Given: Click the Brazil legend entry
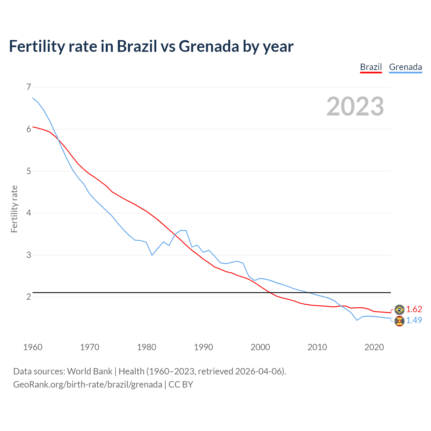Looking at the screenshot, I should click(x=371, y=67).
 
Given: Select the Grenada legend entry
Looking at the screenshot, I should click(x=405, y=67).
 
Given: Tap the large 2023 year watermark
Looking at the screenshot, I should click(x=355, y=106).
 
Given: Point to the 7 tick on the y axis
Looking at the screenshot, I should click(x=28, y=87).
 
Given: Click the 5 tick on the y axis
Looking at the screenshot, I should click(x=28, y=171).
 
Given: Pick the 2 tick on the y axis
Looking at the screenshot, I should click(x=28, y=297).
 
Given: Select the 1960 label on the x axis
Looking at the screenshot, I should click(x=33, y=347).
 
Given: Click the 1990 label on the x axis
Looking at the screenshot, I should click(x=203, y=347).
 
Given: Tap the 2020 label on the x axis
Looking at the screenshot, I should click(x=374, y=347).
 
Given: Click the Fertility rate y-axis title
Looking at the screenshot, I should click(x=14, y=209).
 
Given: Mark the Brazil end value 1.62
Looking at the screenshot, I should click(x=414, y=309).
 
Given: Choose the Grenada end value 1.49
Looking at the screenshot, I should click(x=414, y=320).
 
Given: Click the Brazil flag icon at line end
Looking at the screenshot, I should click(x=399, y=309).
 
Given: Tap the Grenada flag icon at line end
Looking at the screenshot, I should click(x=399, y=321).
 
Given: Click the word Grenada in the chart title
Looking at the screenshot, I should click(x=209, y=46).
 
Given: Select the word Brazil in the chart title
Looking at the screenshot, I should click(x=137, y=46).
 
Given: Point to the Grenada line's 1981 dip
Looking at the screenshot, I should click(x=152, y=255).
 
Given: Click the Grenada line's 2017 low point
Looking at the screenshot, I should click(x=357, y=320).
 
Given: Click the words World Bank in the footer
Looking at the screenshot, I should click(x=90, y=371).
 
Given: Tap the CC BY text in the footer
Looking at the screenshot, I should click(x=181, y=385).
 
